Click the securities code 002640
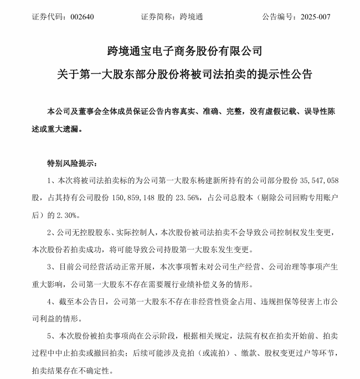[83, 17]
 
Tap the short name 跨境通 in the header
[192, 17]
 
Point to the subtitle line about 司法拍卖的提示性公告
[180, 74]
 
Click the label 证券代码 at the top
[46, 17]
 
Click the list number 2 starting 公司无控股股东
[50, 233]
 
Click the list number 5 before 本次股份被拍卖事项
[50, 337]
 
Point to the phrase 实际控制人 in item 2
[141, 233]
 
